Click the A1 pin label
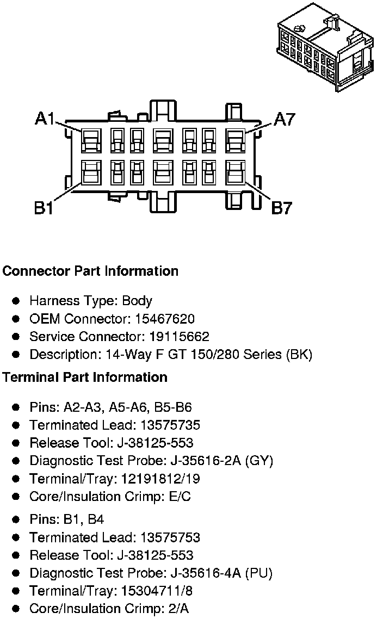[x=45, y=119]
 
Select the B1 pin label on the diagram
[x=44, y=207]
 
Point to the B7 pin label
[x=282, y=207]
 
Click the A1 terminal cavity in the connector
[x=90, y=140]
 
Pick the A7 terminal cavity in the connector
[x=235, y=140]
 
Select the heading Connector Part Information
[x=90, y=271]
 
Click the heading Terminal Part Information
[x=85, y=377]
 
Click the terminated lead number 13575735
[x=170, y=425]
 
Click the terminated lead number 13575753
[x=170, y=537]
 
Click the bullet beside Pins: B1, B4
[x=16, y=519]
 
